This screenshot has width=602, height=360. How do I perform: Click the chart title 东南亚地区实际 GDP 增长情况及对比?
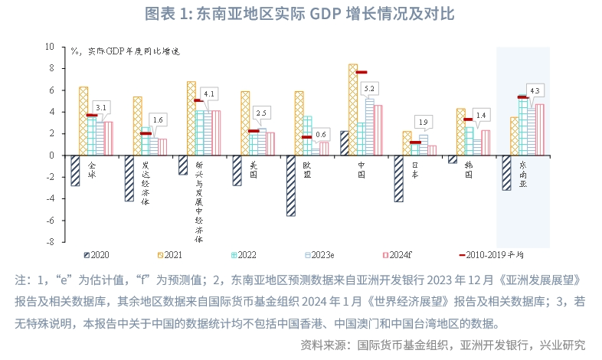[301, 15]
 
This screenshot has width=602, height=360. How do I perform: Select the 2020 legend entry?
[97, 254]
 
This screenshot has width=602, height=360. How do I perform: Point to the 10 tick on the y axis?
[50, 47]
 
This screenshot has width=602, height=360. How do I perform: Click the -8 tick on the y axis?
[50, 242]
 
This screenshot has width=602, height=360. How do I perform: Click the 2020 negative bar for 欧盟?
[291, 185]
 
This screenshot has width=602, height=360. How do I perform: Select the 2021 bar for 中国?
[352, 110]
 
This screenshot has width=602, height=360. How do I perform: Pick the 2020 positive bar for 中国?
[345, 143]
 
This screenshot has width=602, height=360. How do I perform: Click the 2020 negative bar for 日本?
[398, 178]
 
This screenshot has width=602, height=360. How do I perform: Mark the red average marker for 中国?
[362, 73]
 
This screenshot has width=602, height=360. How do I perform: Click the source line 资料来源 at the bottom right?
[443, 343]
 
